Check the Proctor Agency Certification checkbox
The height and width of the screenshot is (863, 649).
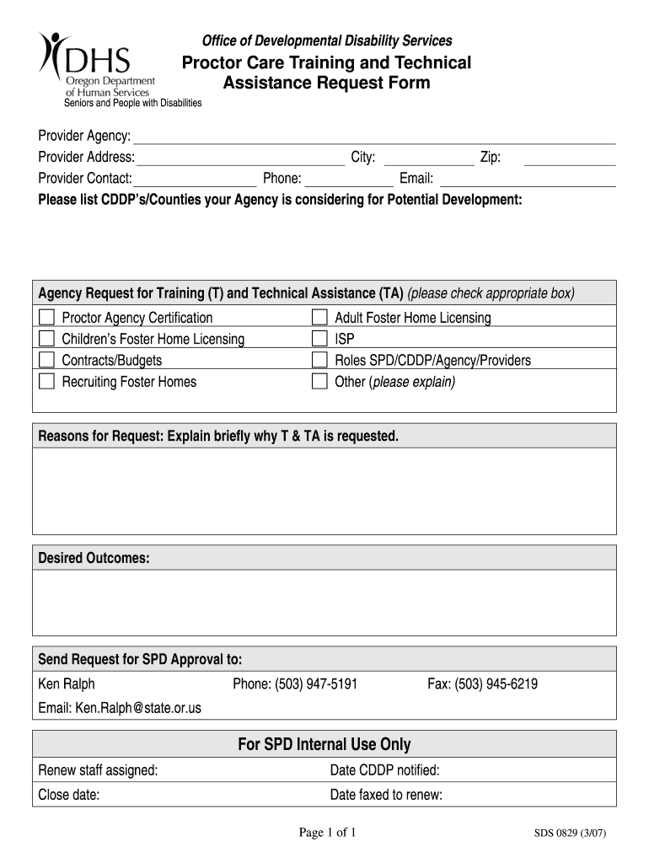pos(46,318)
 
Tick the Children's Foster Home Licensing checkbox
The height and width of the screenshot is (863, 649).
pos(46,339)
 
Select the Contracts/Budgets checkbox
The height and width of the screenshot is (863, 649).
pos(46,360)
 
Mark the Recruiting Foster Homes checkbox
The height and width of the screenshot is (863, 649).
pos(46,382)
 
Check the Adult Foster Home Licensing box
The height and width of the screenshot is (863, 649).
pos(319,318)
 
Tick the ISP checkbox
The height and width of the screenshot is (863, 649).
pos(319,339)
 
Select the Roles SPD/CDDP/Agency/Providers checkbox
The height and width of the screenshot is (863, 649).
pos(319,360)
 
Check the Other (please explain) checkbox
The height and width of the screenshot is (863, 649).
pos(319,382)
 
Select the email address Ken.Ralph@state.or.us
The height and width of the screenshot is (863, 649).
pos(138,708)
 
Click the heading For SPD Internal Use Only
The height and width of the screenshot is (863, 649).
pos(324,744)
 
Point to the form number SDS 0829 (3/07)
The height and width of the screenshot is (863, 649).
pos(571,834)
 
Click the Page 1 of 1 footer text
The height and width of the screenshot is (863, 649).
pos(328,834)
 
